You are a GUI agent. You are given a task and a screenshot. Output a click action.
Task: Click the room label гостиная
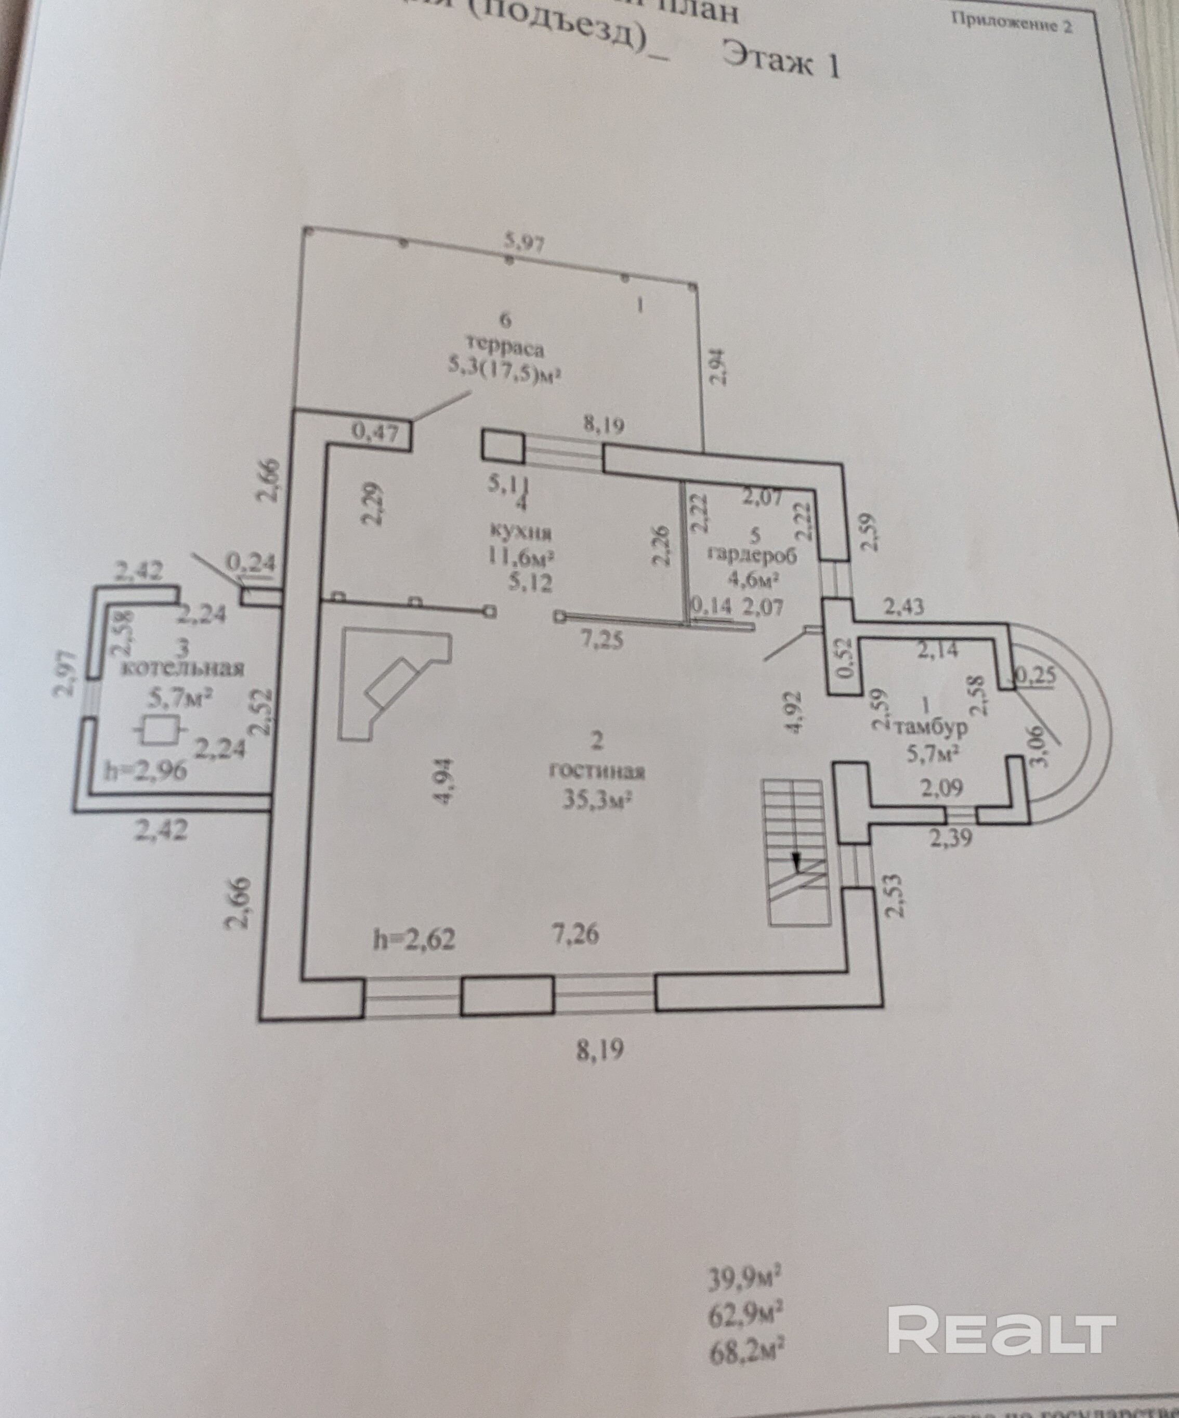click(597, 772)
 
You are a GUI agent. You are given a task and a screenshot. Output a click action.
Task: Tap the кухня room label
click(521, 533)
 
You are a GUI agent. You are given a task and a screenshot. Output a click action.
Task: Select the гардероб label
click(752, 555)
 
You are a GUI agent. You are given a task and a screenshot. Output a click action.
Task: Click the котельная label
click(182, 668)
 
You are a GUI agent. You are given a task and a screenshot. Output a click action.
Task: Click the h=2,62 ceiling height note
click(414, 939)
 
